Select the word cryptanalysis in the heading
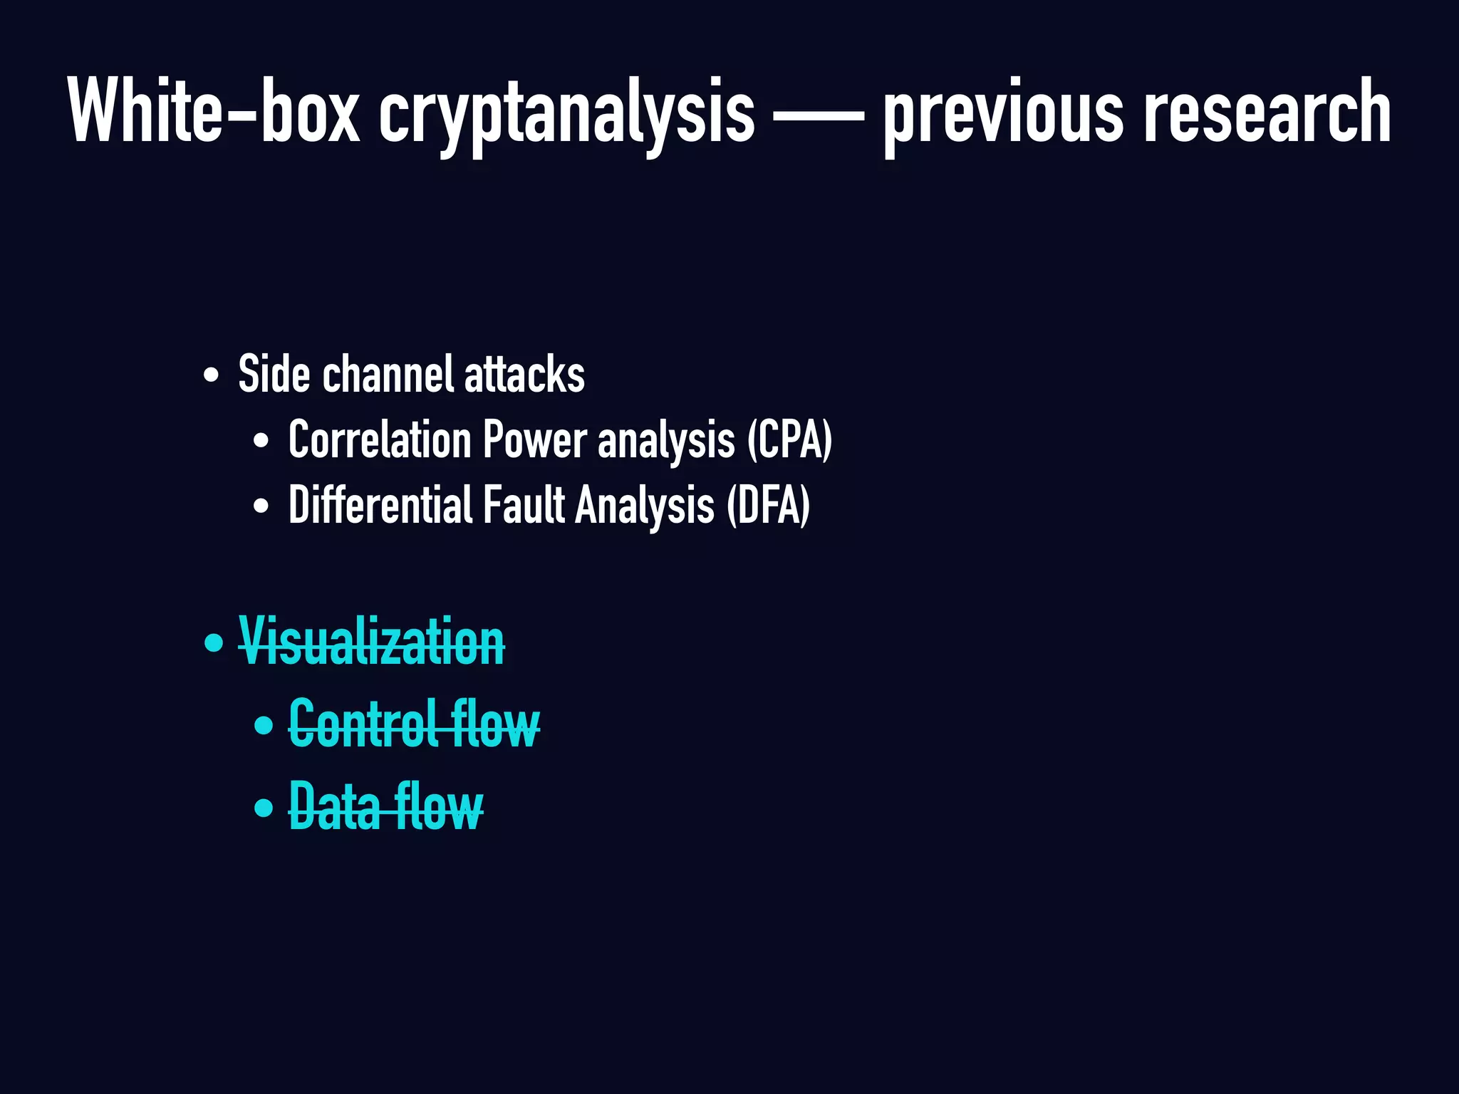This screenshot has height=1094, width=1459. [566, 114]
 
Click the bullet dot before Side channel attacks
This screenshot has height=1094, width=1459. [211, 375]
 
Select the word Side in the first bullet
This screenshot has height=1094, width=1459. [274, 374]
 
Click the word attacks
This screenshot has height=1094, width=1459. [524, 375]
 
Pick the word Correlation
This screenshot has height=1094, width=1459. [379, 439]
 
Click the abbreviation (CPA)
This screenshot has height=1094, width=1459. [789, 439]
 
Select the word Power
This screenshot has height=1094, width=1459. [535, 439]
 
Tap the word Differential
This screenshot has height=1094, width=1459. [380, 505]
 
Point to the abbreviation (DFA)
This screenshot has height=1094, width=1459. [768, 505]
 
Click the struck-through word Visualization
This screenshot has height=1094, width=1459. [371, 642]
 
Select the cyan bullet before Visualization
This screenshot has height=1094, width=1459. [213, 643]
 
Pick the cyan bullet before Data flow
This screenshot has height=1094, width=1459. [264, 808]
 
